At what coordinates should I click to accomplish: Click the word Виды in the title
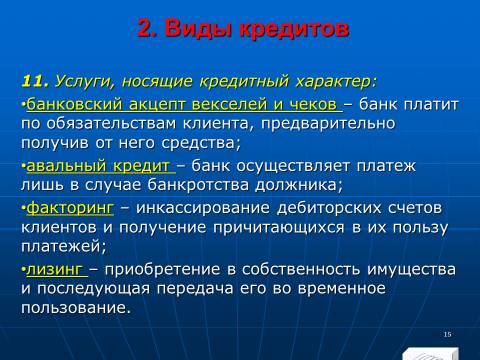pos(198,29)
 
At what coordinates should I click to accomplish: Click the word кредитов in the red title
pos(294,29)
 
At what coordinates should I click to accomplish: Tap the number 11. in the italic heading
pos(35,81)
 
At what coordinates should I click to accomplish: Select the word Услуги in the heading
pos(86,82)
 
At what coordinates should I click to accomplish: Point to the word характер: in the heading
pos(336,82)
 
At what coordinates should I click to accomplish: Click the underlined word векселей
pos(229,104)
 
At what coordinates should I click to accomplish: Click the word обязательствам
pos(111,124)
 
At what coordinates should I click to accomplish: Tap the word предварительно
pos(328,124)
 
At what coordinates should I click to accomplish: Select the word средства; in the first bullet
pos(201,143)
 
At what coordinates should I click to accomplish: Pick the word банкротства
pos(198,185)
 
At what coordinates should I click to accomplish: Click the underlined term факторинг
pos(70,208)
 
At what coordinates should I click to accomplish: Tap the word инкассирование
pos(203,208)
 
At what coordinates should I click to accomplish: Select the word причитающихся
pos(279,228)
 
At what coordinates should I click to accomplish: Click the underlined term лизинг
pos(54,270)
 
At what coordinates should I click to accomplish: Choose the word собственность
pos(301,270)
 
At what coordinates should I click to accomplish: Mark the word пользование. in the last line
pos(76,308)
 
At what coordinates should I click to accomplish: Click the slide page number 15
pos(448,334)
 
